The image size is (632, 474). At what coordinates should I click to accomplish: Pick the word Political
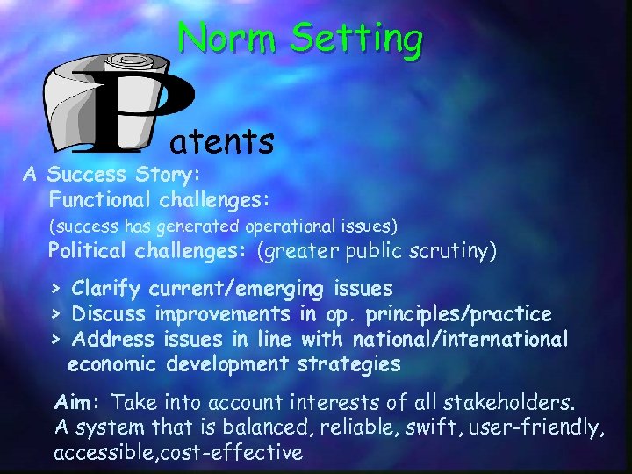88,252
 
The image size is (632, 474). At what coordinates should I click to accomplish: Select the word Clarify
107,288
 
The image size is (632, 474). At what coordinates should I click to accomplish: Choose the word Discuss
110,313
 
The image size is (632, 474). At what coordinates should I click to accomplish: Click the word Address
110,339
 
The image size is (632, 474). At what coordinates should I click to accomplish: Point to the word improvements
222,313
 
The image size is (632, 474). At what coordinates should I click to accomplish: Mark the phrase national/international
460,339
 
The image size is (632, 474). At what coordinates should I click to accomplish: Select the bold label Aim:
80,403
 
